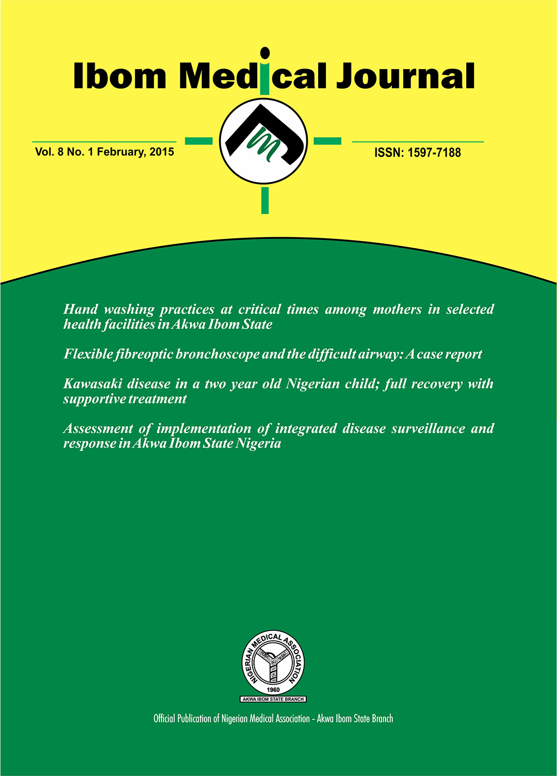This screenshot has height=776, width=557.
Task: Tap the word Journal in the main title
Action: tap(405, 76)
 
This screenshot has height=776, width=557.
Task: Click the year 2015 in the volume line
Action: tap(162, 151)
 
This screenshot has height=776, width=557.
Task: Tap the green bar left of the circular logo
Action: tap(198, 141)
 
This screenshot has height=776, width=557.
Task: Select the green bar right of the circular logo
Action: tap(328, 141)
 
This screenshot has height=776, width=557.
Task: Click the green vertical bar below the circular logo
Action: tap(265, 200)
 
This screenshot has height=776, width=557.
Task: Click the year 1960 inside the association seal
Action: tap(273, 689)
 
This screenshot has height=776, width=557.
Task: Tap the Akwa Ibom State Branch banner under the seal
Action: tap(273, 699)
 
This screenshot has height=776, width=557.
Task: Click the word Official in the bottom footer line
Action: tap(164, 719)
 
